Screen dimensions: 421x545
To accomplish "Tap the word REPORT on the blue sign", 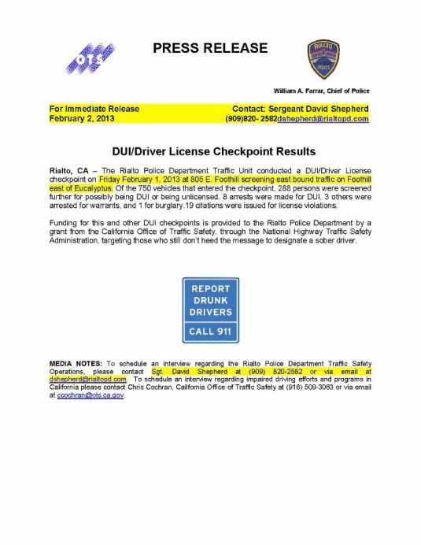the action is pos(210,288).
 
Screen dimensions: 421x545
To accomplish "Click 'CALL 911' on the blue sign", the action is pos(210,332).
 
